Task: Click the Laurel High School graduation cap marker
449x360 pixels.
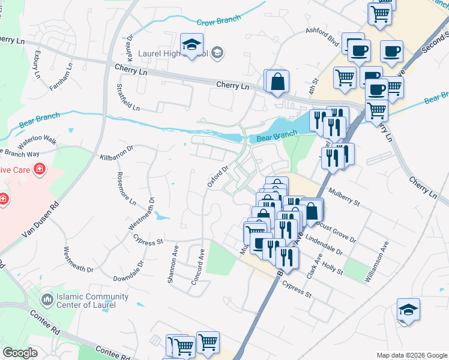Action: point(192,44)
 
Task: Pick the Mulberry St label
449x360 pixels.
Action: point(343,198)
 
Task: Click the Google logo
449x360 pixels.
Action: point(20,353)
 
